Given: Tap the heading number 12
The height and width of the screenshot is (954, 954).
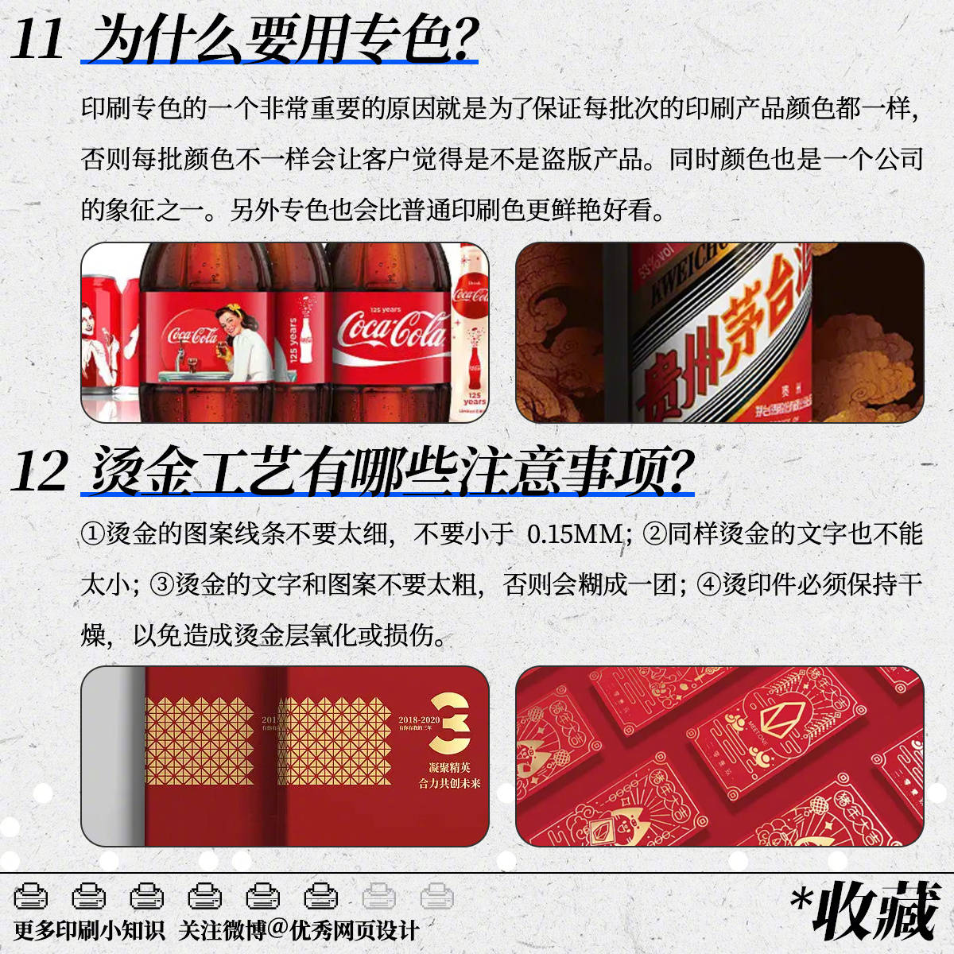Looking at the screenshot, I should click(39, 471).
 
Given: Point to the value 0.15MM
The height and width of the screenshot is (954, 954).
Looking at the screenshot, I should click(573, 533).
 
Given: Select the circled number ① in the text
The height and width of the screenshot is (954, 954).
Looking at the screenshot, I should click(92, 533).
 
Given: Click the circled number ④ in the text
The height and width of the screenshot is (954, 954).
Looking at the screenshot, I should click(708, 584).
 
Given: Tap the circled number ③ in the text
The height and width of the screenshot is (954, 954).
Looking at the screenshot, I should click(161, 584).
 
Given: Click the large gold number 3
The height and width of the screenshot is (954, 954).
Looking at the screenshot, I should click(449, 723).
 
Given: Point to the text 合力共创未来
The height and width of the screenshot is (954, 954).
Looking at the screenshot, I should click(449, 783).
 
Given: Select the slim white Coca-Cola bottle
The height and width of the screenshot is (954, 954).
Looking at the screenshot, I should click(471, 334).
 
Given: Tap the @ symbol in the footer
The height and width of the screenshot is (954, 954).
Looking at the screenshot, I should click(278, 929).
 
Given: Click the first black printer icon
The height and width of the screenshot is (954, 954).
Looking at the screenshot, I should click(31, 896).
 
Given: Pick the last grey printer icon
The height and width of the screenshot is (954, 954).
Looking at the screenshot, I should click(436, 896).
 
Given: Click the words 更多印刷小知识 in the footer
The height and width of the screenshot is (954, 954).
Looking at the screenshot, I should click(89, 929).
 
